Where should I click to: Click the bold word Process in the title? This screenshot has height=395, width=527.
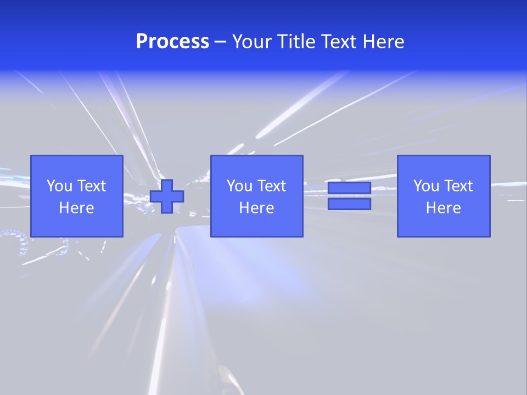(x=172, y=42)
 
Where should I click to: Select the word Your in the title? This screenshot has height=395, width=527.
(x=252, y=42)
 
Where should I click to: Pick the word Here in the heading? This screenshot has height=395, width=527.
(x=385, y=42)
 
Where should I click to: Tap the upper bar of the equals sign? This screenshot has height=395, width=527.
(x=349, y=188)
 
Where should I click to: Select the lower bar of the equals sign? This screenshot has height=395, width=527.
(x=349, y=204)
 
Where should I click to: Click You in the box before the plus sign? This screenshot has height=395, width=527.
(x=59, y=186)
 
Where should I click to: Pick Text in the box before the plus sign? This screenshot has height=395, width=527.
(x=91, y=186)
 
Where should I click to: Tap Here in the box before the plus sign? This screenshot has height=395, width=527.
(x=76, y=208)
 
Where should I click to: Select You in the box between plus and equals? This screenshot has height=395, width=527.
(x=239, y=186)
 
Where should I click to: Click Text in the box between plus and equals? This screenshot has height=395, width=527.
(x=271, y=186)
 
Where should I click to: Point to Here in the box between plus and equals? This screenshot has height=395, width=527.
(x=256, y=208)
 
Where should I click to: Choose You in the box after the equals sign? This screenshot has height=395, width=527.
(x=426, y=186)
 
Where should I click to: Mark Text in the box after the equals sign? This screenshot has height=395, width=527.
(x=457, y=186)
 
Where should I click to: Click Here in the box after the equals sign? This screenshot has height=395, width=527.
(x=443, y=208)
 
